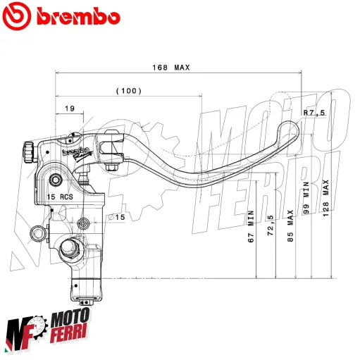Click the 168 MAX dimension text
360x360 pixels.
click(171, 68)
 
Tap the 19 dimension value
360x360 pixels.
click(69, 108)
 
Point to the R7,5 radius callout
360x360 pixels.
click(314, 113)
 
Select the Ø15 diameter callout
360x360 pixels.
click(115, 217)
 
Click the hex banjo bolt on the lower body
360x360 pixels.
click(70, 247)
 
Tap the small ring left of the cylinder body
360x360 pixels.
click(35, 231)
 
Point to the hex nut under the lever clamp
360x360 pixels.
click(113, 167)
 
